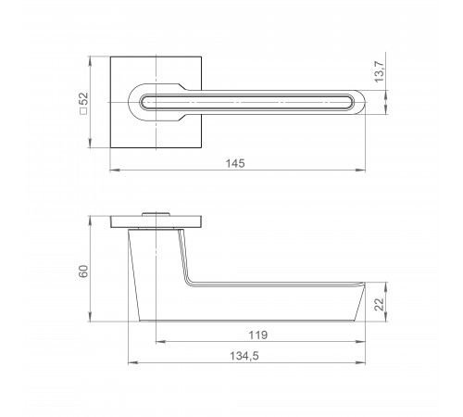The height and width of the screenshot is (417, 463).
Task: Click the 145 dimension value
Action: (x=235, y=163)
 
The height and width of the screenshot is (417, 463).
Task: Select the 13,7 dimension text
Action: (x=380, y=71)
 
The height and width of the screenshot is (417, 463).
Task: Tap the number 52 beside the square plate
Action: (x=83, y=99)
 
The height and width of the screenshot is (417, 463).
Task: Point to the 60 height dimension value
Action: (x=83, y=272)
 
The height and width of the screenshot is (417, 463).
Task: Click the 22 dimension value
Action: (x=380, y=304)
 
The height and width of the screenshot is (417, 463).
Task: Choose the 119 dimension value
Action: (x=258, y=335)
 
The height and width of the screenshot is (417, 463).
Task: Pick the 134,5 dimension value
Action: (x=244, y=356)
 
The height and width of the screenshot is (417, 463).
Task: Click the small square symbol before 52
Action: (x=83, y=111)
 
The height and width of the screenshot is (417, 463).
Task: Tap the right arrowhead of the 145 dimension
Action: (x=361, y=170)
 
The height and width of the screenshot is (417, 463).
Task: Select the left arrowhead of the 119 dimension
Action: (x=161, y=342)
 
